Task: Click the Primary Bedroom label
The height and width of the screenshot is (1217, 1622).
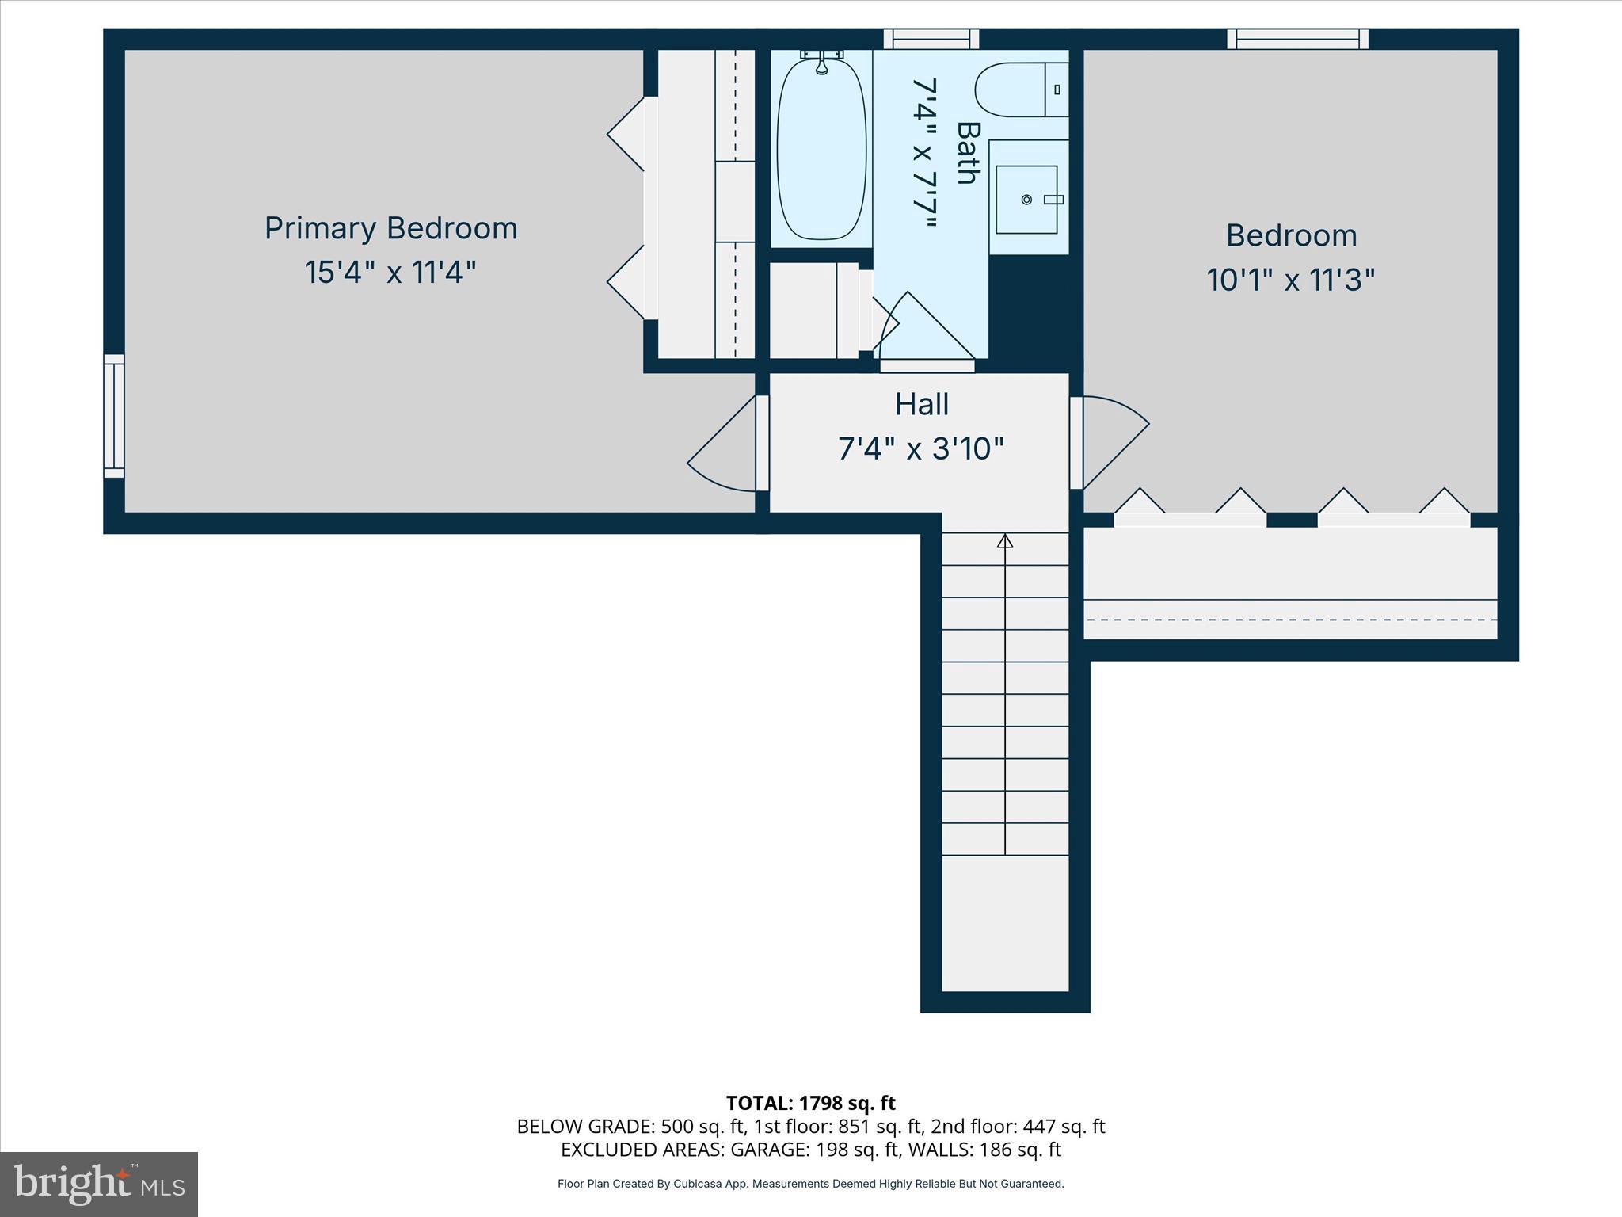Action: [x=390, y=228]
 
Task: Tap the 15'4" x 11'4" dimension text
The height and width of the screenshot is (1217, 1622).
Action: [x=390, y=273]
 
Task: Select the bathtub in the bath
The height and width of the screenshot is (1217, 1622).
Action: [x=821, y=149]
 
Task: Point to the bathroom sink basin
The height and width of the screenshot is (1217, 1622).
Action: [x=1026, y=200]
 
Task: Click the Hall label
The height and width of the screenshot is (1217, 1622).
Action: [x=921, y=404]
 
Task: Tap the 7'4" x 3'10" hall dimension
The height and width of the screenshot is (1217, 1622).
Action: [x=921, y=449]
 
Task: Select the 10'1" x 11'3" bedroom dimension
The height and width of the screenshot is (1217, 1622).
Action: [x=1290, y=280]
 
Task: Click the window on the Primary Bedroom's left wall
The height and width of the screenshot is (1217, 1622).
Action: [x=114, y=416]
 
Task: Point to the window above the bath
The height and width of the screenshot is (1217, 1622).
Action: [x=931, y=39]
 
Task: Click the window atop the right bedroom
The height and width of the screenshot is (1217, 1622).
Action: [x=1297, y=39]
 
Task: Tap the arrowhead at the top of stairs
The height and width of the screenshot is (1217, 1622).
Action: [x=1005, y=541]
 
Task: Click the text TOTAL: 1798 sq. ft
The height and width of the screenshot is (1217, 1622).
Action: [x=810, y=1103]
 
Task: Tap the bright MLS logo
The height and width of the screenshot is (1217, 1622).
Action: [x=99, y=1184]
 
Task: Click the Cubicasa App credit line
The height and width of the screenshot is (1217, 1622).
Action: [x=810, y=1184]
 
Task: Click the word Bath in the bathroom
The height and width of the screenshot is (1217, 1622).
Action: [x=968, y=153]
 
